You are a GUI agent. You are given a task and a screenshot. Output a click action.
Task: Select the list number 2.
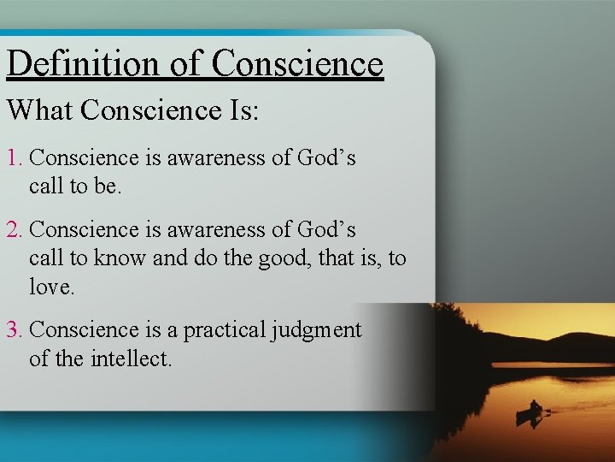[13, 230]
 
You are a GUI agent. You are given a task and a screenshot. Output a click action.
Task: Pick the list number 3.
[13, 330]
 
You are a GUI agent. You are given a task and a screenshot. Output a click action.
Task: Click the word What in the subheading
[40, 110]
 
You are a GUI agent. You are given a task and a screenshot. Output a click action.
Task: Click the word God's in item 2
[325, 230]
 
